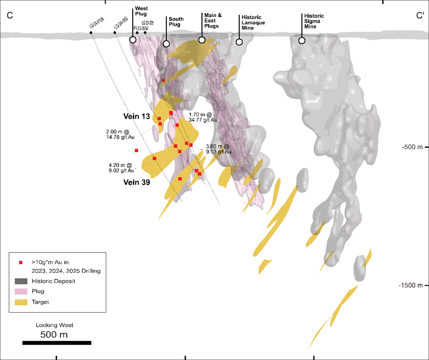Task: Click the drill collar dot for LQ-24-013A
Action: pos(91,33)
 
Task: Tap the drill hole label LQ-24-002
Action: pos(121,23)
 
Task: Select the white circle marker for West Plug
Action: pos(133,40)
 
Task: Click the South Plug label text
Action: pos(176,22)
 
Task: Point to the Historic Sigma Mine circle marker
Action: pos(302,40)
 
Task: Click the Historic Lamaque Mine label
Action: pos(253,23)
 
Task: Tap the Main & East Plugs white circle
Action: pos(202,40)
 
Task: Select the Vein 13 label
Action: pos(136,117)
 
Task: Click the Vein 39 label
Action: pos(136,182)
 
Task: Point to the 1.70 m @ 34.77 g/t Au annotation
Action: pos(202,117)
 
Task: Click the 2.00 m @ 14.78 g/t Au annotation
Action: pos(120,134)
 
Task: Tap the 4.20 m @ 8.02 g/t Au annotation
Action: pos(121,168)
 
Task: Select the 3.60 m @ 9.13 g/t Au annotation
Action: pos(218,149)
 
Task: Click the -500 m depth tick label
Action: pos(412,147)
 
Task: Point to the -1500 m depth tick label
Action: pos(410,285)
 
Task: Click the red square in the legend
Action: pos(21,263)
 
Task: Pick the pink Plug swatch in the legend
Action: pos(21,291)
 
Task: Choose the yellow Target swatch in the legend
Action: pos(21,302)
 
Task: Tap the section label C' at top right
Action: pos(420,15)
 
